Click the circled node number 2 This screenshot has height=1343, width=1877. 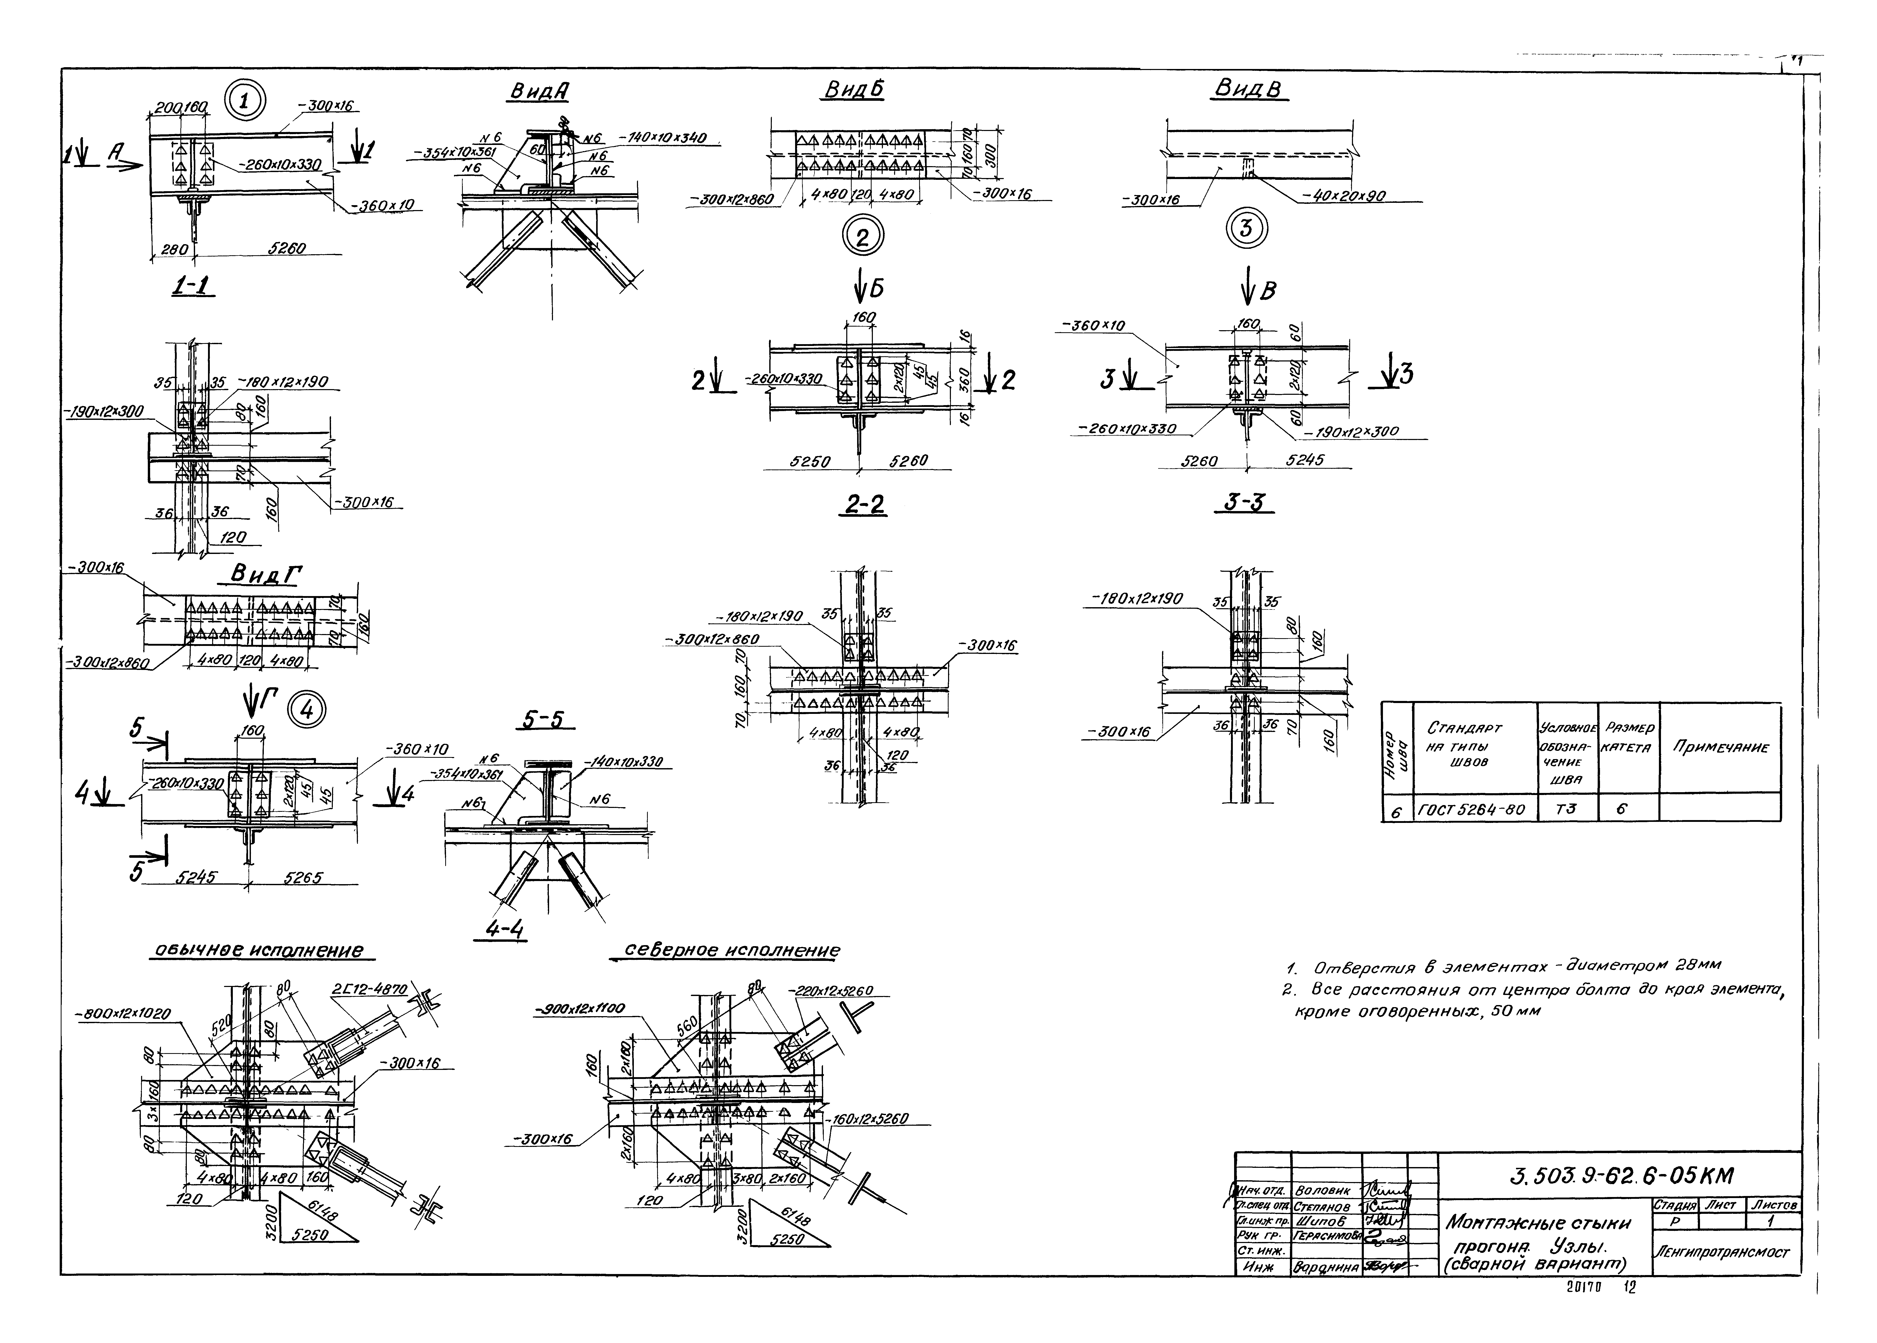coord(863,237)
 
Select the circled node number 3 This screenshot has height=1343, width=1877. coord(1245,228)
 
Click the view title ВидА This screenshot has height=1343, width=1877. coord(538,94)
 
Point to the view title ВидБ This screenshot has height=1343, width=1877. coord(853,90)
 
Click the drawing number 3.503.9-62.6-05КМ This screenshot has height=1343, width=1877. coord(1621,1175)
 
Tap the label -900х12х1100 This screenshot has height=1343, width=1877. coord(579,1008)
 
